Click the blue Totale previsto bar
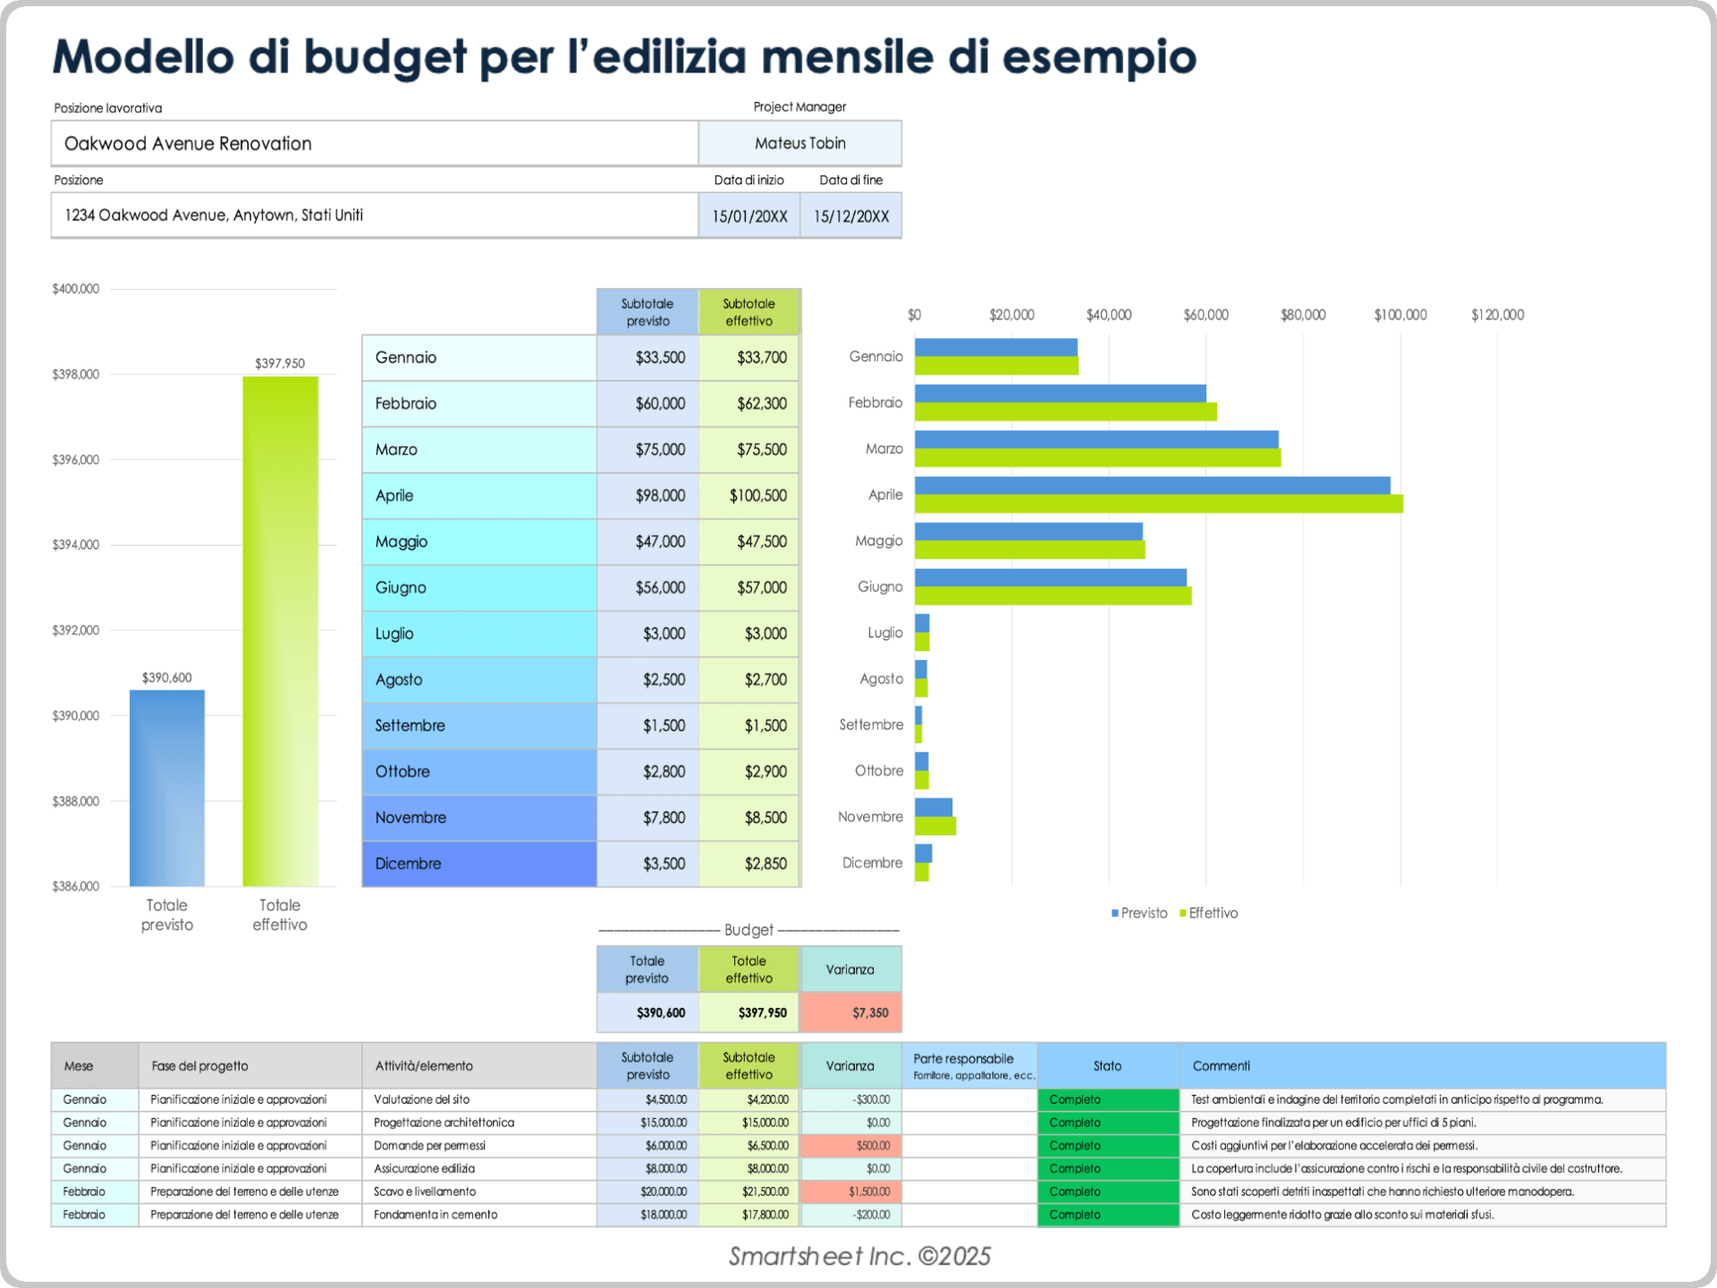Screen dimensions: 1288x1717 coord(167,787)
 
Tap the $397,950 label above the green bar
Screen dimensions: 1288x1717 coord(280,363)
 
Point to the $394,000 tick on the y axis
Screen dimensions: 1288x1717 coord(76,545)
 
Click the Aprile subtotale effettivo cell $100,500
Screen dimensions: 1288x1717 coord(757,496)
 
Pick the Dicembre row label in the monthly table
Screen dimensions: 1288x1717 coord(409,863)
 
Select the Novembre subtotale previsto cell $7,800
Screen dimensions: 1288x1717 coord(664,818)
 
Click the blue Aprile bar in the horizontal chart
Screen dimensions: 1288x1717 coord(1152,486)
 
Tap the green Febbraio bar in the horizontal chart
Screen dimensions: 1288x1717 coord(1065,412)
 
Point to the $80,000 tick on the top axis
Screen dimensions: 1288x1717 coord(1303,315)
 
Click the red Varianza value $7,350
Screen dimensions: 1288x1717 coord(869,1013)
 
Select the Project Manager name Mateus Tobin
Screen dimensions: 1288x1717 coord(799,143)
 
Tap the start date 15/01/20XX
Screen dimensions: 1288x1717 coord(749,216)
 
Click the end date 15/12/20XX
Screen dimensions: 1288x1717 coord(850,216)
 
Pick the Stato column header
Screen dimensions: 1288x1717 coord(1107,1066)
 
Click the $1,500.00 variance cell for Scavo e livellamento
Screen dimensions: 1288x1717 coord(869,1191)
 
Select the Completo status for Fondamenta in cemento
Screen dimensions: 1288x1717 coord(1075,1215)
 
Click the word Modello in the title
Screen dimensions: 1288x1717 coord(143,56)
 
